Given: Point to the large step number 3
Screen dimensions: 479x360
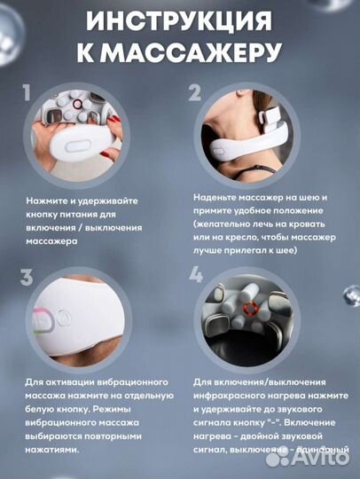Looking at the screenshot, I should (x=27, y=276).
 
